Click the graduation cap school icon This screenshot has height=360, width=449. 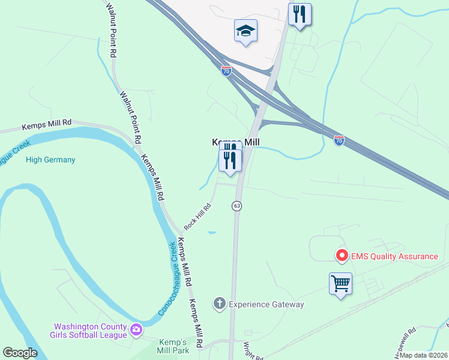click(x=246, y=30)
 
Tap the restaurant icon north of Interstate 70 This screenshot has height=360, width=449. click(x=300, y=14)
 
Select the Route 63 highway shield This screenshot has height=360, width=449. click(x=237, y=206)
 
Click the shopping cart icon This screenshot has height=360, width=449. click(x=340, y=284)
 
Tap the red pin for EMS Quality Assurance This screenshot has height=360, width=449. click(x=342, y=256)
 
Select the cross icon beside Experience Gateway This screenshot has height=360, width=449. click(x=220, y=304)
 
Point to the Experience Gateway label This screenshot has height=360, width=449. click(x=267, y=304)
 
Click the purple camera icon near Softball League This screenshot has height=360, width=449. click(x=136, y=329)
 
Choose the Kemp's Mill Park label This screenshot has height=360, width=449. click(x=173, y=346)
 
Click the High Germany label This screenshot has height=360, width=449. click(x=50, y=160)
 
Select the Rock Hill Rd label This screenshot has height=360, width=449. click(x=197, y=217)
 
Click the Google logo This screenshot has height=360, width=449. click(x=20, y=353)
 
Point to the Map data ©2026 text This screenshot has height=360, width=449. click(x=424, y=355)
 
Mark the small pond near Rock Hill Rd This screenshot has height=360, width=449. click(x=212, y=232)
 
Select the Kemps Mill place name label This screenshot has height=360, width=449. click(x=236, y=142)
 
